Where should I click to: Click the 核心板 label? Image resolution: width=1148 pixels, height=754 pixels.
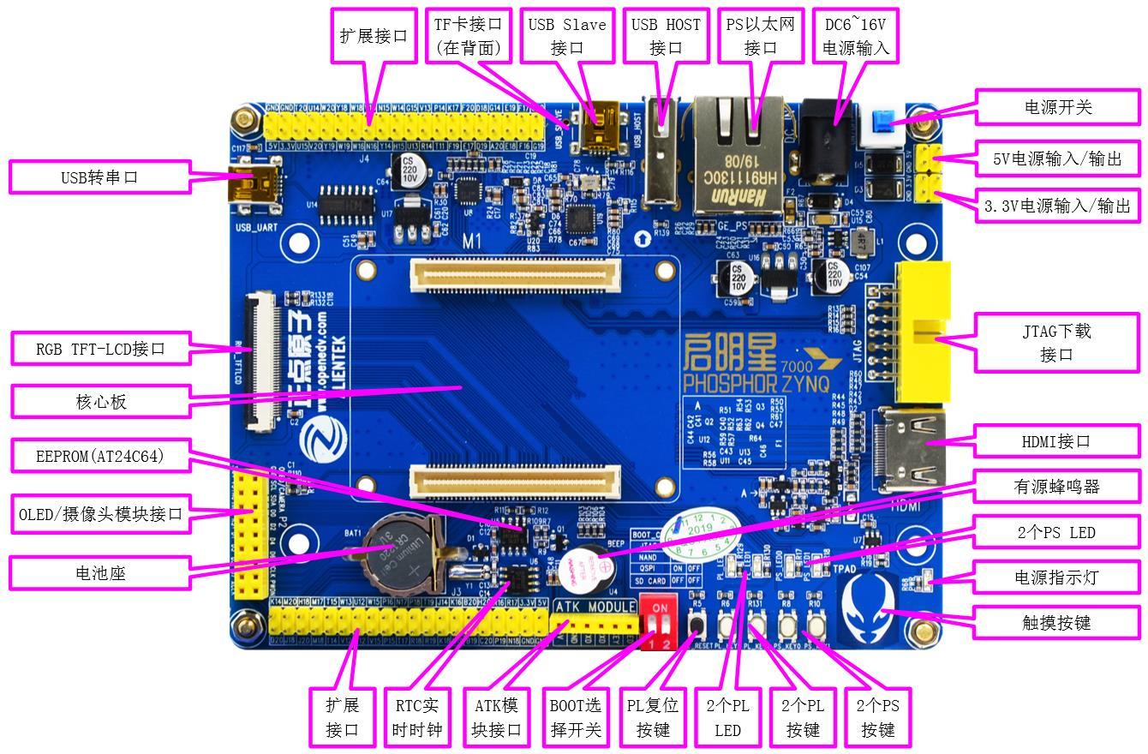coord(100,402)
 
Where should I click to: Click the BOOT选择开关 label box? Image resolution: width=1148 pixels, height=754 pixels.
coord(575,717)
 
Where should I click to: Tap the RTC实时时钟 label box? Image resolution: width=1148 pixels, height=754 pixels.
coord(416,717)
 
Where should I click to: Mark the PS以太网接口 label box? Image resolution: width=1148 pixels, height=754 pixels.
coord(760,36)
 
